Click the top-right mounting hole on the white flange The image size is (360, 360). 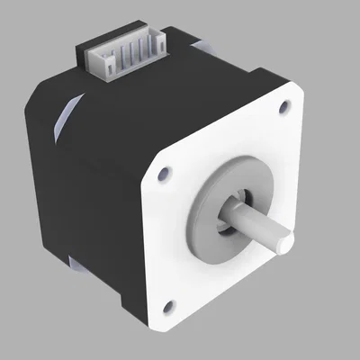pos(285,106)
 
